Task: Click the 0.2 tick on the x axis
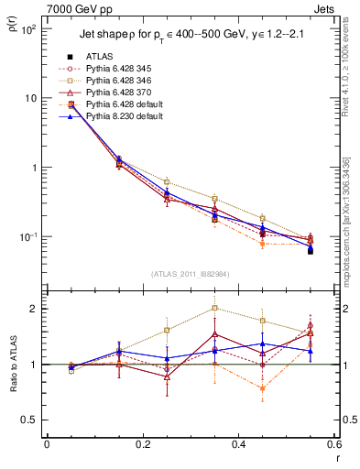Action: tap(142, 445)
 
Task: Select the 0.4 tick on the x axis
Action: tap(237, 445)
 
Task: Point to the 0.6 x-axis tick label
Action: tap(332, 445)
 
